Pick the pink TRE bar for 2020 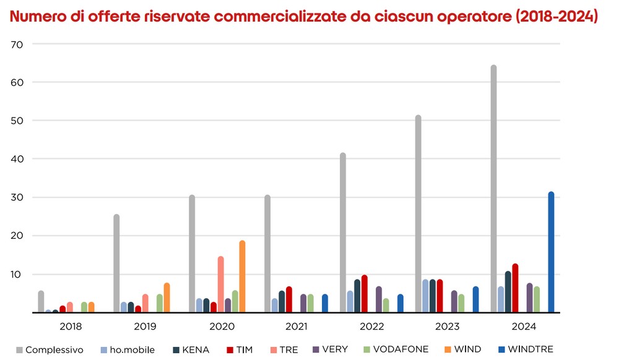(x=220, y=285)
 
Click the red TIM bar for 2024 (x=515, y=288)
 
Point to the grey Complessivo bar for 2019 (x=116, y=264)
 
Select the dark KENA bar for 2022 (x=357, y=296)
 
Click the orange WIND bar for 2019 (x=167, y=298)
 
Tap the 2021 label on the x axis (x=296, y=326)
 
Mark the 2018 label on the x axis (x=70, y=326)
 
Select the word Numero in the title (x=36, y=17)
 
